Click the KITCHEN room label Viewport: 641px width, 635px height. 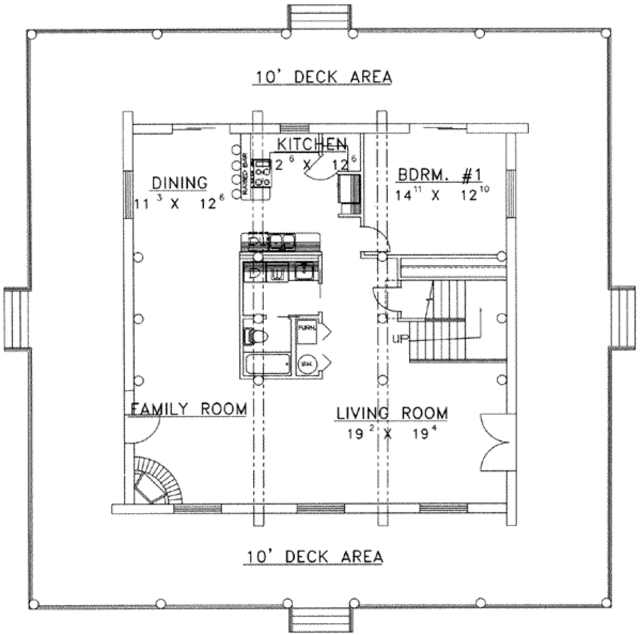pos(311,143)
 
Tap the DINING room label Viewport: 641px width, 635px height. pos(179,183)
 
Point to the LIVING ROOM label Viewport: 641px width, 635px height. pos(392,413)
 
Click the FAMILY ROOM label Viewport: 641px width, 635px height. pos(188,409)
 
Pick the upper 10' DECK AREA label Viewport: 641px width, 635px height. pos(322,76)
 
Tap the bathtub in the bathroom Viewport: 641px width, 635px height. pos(267,364)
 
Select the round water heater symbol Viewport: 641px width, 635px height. pos(307,364)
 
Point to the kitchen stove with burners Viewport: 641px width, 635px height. pos(262,175)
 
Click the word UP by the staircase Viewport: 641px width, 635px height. pos(400,339)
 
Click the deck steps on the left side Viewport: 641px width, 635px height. pos(16,318)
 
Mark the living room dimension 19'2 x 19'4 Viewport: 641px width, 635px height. pos(388,433)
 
